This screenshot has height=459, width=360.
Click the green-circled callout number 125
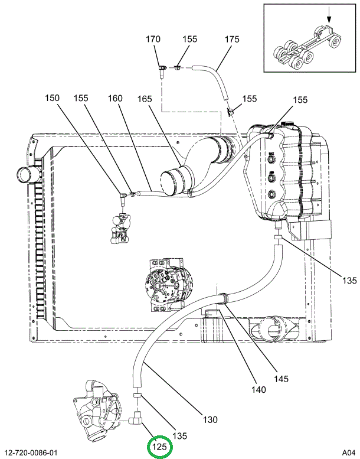coord(159,447)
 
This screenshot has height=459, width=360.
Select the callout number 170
coord(153,40)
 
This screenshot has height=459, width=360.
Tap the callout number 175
coord(232,40)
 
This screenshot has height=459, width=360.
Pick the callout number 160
coord(115,98)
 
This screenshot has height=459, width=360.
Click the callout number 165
coord(146,98)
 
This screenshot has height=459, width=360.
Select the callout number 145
coord(281,379)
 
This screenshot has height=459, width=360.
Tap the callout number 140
coord(258,389)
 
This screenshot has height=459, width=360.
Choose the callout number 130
coord(211,420)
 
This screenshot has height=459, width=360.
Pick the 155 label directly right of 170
coord(189,40)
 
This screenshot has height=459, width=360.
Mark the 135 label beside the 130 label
coord(179,436)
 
